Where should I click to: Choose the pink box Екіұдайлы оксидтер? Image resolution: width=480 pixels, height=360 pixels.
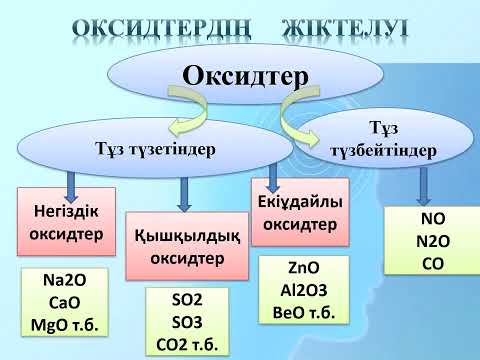coord(301,212)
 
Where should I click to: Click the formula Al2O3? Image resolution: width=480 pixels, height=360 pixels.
coord(301,291)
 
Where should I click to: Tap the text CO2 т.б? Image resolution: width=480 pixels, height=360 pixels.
coord(187,344)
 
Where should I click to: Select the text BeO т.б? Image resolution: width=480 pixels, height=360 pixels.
coord(301,311)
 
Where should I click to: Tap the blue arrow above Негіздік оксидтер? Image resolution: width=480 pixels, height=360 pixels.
coord(71,184)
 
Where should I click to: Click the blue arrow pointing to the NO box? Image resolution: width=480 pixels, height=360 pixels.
coord(426,183)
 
